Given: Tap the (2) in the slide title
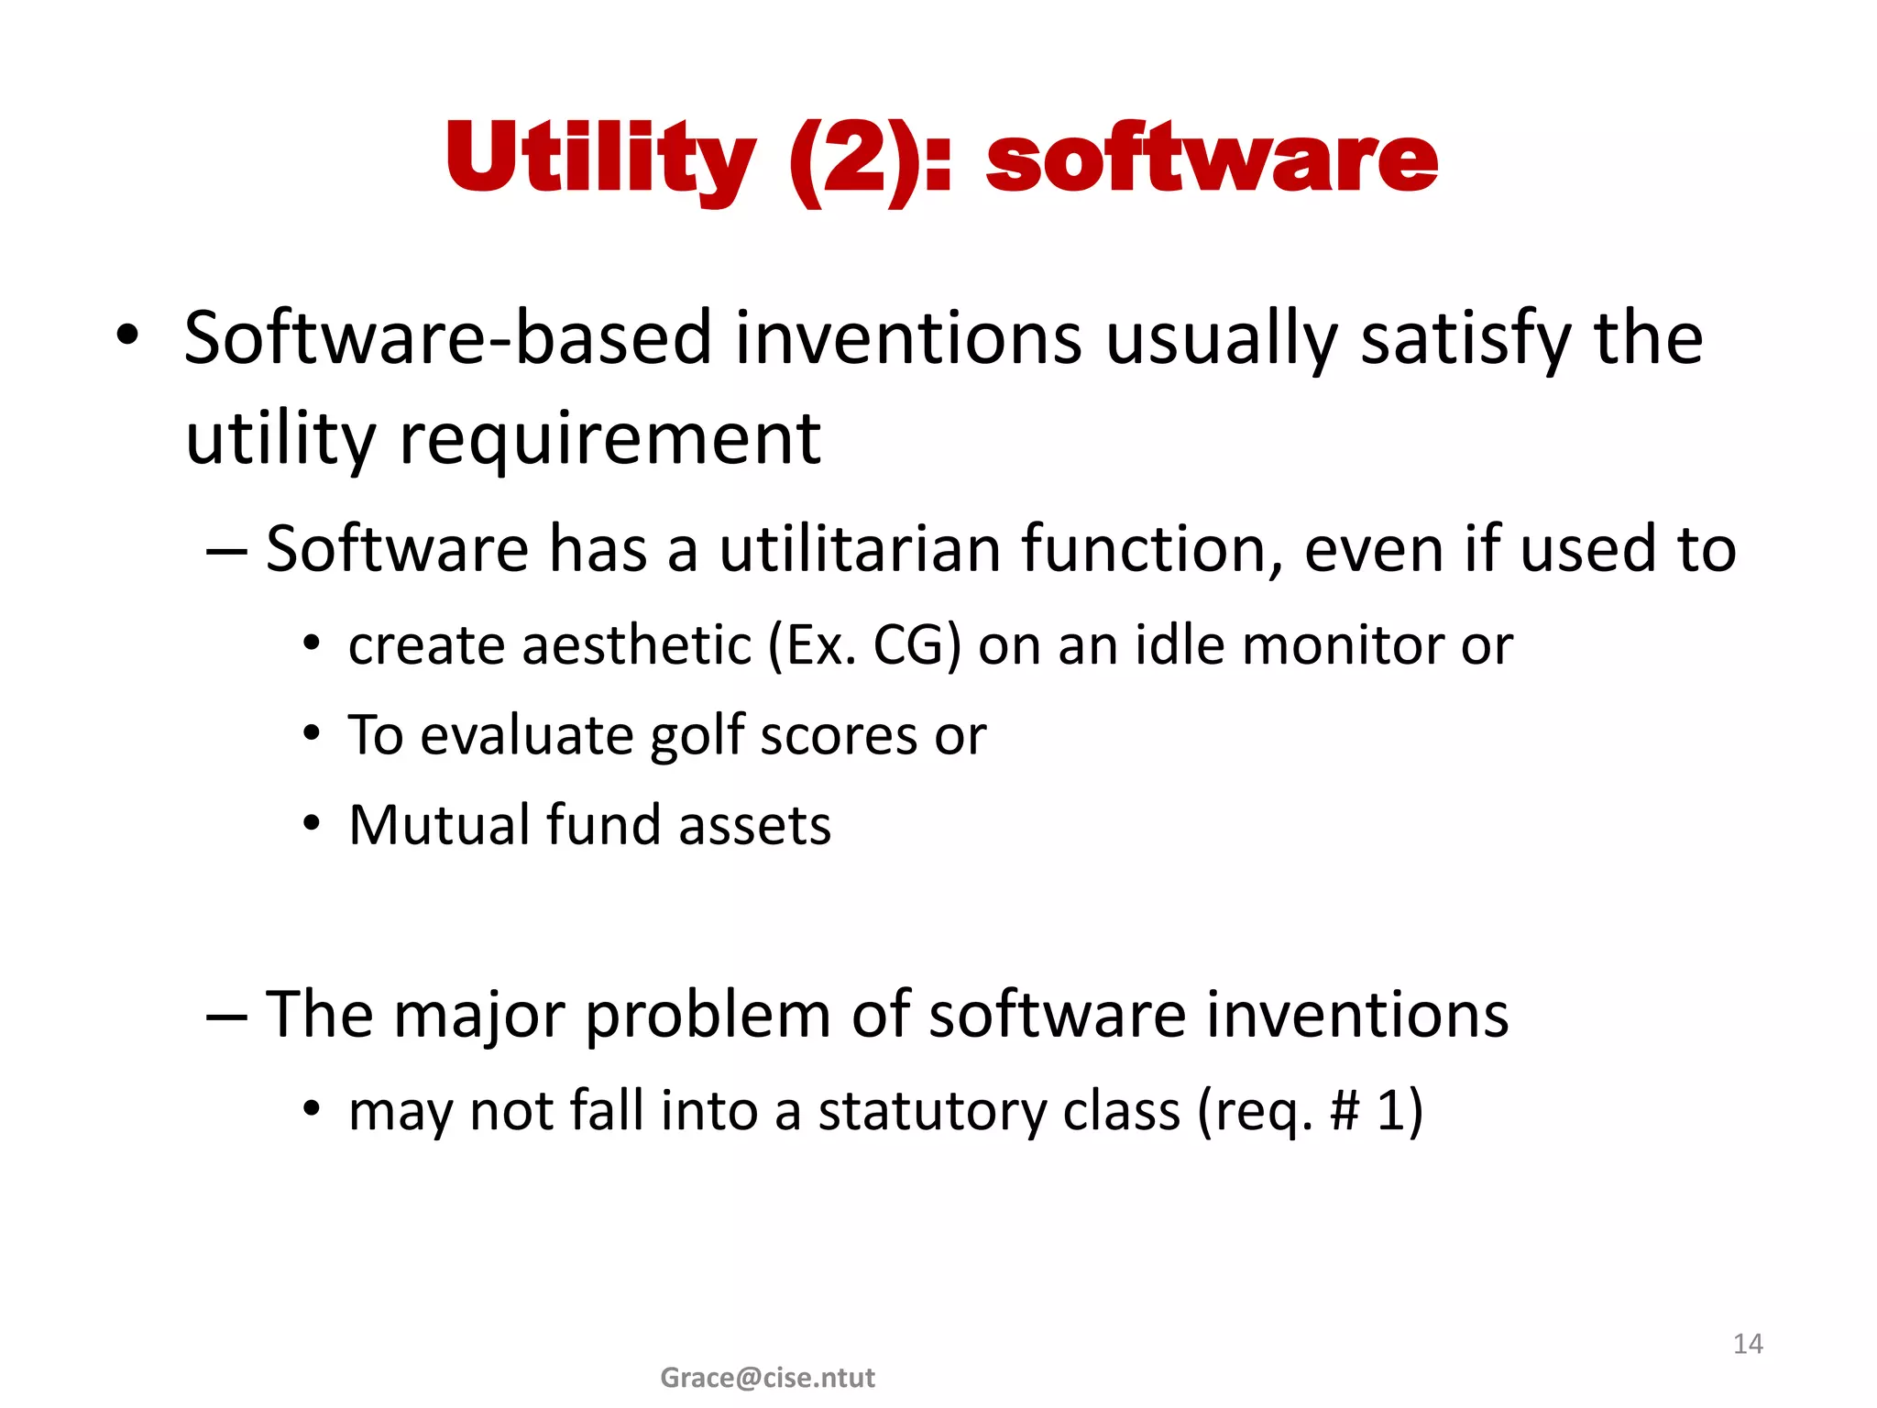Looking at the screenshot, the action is coord(852,159).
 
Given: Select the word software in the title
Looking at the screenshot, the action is coord(1212,161).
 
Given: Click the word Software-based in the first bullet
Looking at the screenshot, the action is coord(447,337).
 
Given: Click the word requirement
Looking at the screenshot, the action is coord(609,438).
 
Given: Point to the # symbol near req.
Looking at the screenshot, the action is coord(1344,1110).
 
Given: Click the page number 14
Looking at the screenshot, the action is coord(1748,1344).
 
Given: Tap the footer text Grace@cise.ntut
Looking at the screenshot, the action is coord(767,1378).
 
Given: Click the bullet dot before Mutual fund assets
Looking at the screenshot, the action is coord(313,824).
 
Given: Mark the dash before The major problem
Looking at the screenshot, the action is coord(226,1017).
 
